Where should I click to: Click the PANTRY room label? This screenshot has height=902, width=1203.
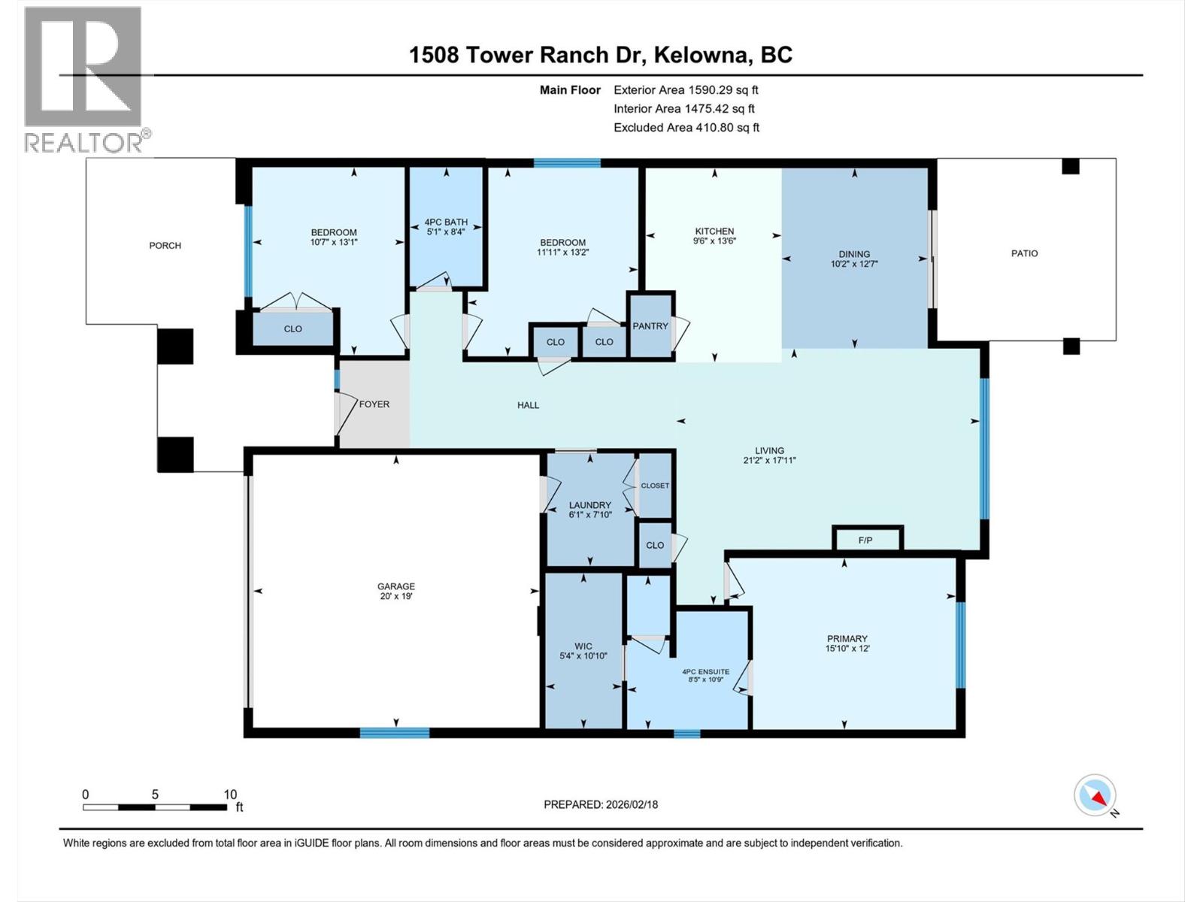click(650, 326)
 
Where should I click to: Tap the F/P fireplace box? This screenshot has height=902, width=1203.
click(865, 540)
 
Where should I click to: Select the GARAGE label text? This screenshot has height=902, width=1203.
click(396, 586)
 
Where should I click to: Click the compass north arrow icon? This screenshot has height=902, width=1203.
click(1095, 795)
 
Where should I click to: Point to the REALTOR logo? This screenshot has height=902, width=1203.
click(83, 78)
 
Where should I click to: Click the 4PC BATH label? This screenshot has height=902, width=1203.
click(446, 222)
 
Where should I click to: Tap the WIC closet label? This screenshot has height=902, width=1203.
click(583, 646)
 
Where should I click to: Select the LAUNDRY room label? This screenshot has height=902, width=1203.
click(590, 505)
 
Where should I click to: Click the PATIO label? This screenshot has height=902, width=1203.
click(1024, 253)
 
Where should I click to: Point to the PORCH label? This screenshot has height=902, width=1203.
click(165, 245)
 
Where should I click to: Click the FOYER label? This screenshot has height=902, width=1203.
click(374, 404)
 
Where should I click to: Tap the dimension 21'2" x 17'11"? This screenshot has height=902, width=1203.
click(769, 460)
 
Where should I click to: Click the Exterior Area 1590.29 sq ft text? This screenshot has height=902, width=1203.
click(686, 89)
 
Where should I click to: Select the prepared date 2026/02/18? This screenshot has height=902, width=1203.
click(632, 804)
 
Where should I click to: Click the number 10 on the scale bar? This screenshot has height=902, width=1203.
click(230, 795)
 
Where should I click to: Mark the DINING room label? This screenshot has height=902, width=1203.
click(854, 254)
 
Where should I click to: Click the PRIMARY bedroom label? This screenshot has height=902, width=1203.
click(847, 638)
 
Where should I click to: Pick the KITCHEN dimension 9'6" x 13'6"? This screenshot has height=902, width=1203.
click(714, 241)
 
